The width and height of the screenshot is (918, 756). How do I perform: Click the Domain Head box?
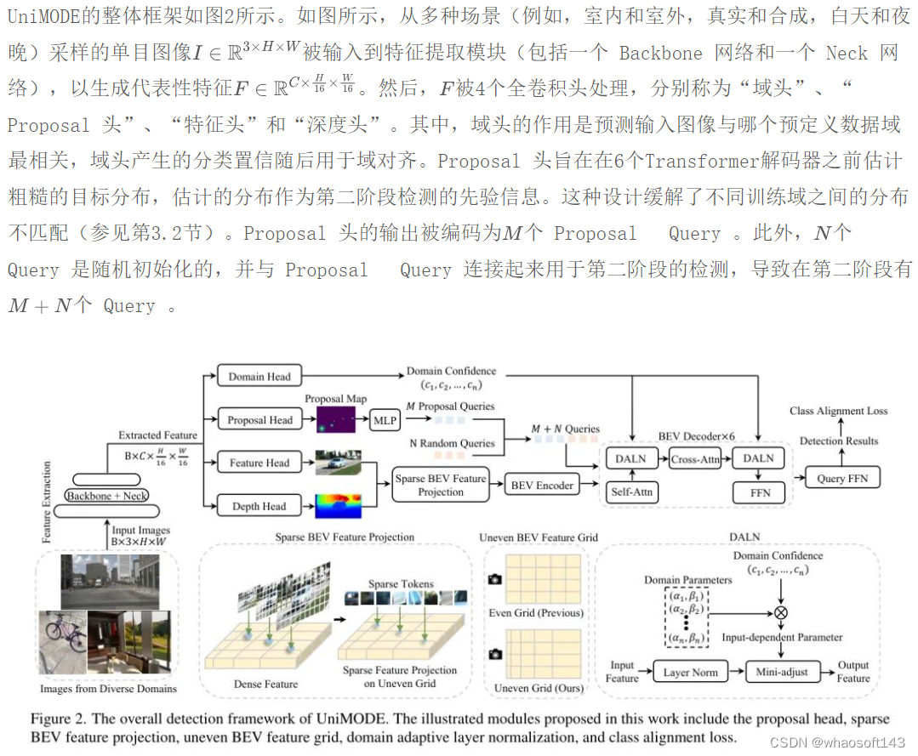[259, 376]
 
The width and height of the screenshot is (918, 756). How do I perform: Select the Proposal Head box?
[259, 419]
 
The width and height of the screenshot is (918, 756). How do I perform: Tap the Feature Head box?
[259, 463]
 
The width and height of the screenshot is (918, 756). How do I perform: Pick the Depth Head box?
[259, 506]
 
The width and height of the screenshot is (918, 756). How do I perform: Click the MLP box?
[385, 419]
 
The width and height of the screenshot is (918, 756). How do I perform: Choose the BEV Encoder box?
[542, 486]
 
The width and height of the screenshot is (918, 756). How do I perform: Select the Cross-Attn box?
[694, 458]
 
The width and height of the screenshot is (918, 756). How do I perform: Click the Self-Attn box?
[631, 492]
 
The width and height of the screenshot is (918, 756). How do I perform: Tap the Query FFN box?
[842, 478]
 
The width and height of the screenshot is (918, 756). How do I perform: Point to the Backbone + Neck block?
[107, 495]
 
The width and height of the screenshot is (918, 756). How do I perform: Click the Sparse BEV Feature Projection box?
[440, 485]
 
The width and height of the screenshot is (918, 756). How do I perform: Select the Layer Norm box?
[690, 672]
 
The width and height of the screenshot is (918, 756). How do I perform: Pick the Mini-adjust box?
[781, 672]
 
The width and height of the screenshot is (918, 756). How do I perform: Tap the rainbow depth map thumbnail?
[337, 506]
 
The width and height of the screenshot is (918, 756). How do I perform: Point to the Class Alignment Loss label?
[838, 411]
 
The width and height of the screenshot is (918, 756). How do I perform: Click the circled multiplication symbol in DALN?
[781, 611]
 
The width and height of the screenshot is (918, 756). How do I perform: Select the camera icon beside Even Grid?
[494, 579]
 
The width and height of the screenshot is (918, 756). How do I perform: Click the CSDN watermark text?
[837, 742]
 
